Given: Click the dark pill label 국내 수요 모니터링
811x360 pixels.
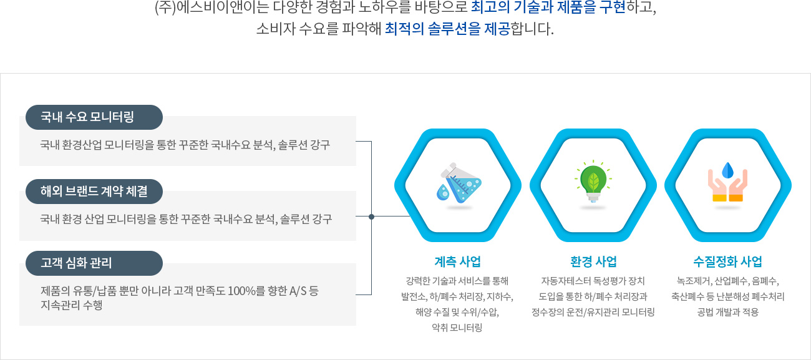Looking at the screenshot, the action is [94, 117].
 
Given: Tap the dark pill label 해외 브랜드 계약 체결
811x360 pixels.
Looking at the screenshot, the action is [94, 191].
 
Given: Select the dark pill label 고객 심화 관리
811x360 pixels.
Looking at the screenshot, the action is [94, 263].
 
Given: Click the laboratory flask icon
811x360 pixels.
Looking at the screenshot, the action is [459, 185].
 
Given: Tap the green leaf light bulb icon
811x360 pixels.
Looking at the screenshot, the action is [593, 181].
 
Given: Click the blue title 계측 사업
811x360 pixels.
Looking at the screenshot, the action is [458, 261].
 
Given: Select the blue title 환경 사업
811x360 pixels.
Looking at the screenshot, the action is [593, 261].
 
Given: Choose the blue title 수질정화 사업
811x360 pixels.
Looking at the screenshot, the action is [728, 261].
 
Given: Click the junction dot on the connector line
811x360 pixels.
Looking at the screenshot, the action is [371, 216].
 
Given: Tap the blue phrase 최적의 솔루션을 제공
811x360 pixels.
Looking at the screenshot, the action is [447, 29].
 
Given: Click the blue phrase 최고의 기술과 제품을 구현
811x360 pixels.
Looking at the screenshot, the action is [548, 7].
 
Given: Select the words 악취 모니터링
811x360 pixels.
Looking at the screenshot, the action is [457, 328].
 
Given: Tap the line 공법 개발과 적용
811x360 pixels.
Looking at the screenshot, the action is [728, 312].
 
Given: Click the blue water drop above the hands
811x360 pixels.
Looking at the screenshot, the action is [727, 170].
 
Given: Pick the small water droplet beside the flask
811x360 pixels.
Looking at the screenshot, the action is [442, 192].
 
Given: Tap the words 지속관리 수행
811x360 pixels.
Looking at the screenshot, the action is [71, 305].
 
